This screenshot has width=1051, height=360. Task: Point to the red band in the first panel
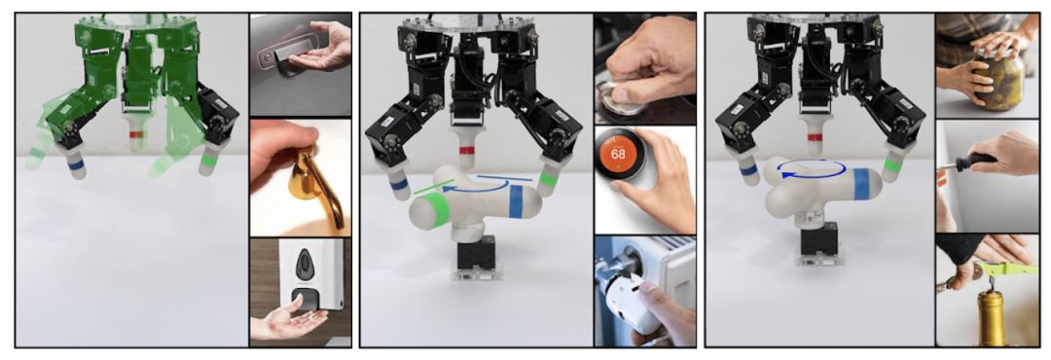pyautogui.click(x=137, y=134)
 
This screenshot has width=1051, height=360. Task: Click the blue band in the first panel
pyautogui.click(x=76, y=163)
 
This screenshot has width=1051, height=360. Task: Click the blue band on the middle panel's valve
pyautogui.click(x=516, y=201)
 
